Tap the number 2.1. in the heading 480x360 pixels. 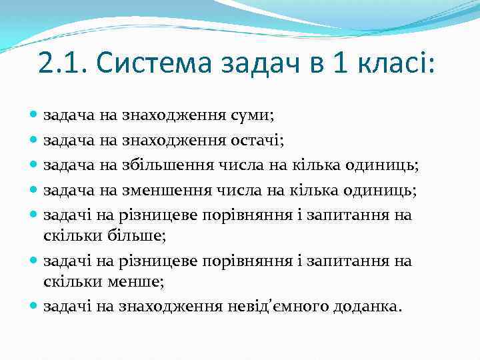click(63, 64)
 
